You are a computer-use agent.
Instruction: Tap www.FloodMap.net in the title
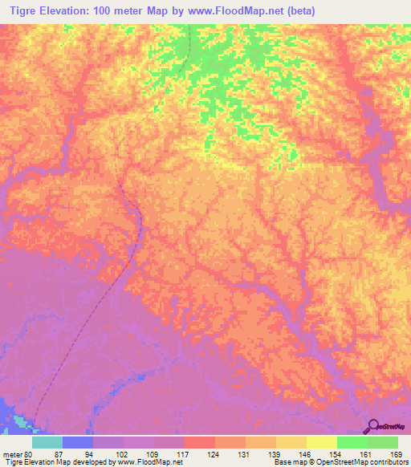(233, 11)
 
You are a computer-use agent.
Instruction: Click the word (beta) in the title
(296, 11)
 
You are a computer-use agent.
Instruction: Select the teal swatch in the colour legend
(47, 442)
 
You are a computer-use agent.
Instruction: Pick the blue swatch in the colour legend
(78, 442)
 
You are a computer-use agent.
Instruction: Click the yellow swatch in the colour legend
(321, 442)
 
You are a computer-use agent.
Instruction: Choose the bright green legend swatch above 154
(352, 442)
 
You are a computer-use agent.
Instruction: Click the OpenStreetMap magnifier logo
(372, 426)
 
